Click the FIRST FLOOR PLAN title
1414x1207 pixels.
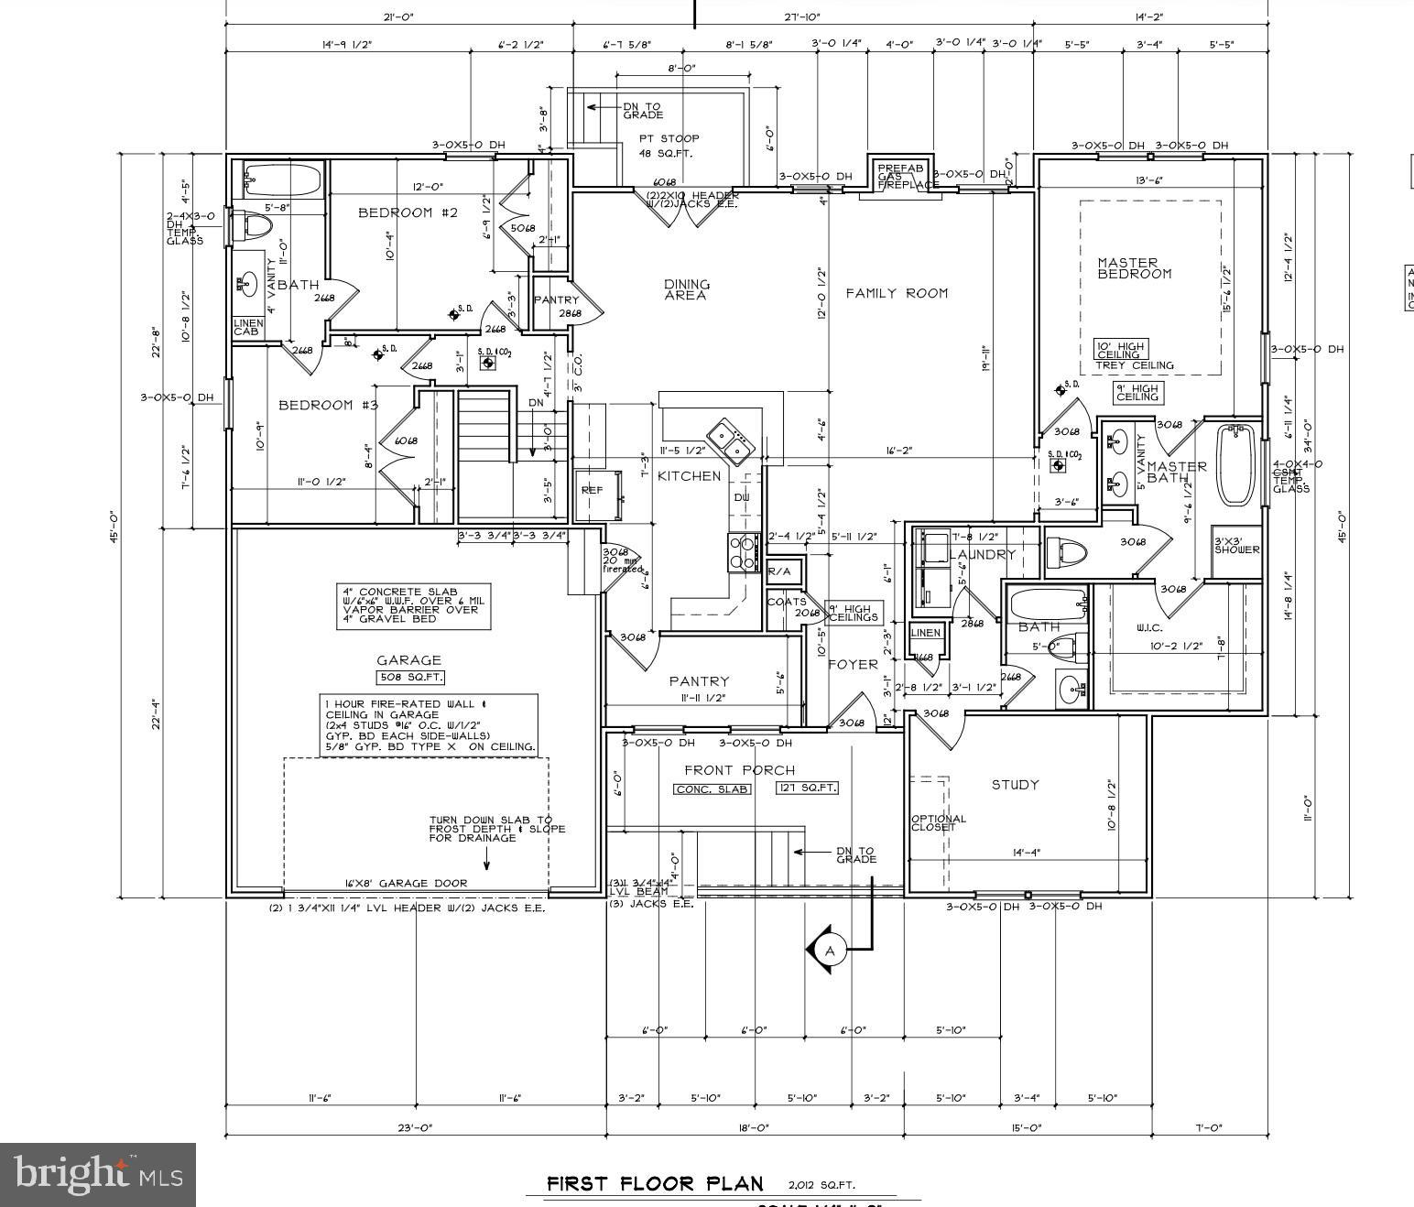pyautogui.click(x=654, y=1183)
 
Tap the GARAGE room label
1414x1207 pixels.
pyautogui.click(x=408, y=659)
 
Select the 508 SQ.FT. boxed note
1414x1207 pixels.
pyautogui.click(x=409, y=678)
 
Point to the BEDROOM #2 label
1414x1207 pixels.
pyautogui.click(x=407, y=212)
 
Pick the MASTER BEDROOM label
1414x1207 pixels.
pyautogui.click(x=1134, y=268)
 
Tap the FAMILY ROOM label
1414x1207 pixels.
pyautogui.click(x=896, y=293)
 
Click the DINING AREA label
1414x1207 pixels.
pyautogui.click(x=686, y=289)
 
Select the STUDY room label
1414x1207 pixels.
pyautogui.click(x=1015, y=785)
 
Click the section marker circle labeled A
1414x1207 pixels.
pyautogui.click(x=830, y=951)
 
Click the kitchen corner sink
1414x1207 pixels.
pyautogui.click(x=730, y=440)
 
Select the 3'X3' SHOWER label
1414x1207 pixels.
pyautogui.click(x=1236, y=546)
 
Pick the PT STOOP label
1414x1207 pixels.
pyautogui.click(x=669, y=145)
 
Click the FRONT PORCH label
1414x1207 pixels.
pyautogui.click(x=740, y=770)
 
